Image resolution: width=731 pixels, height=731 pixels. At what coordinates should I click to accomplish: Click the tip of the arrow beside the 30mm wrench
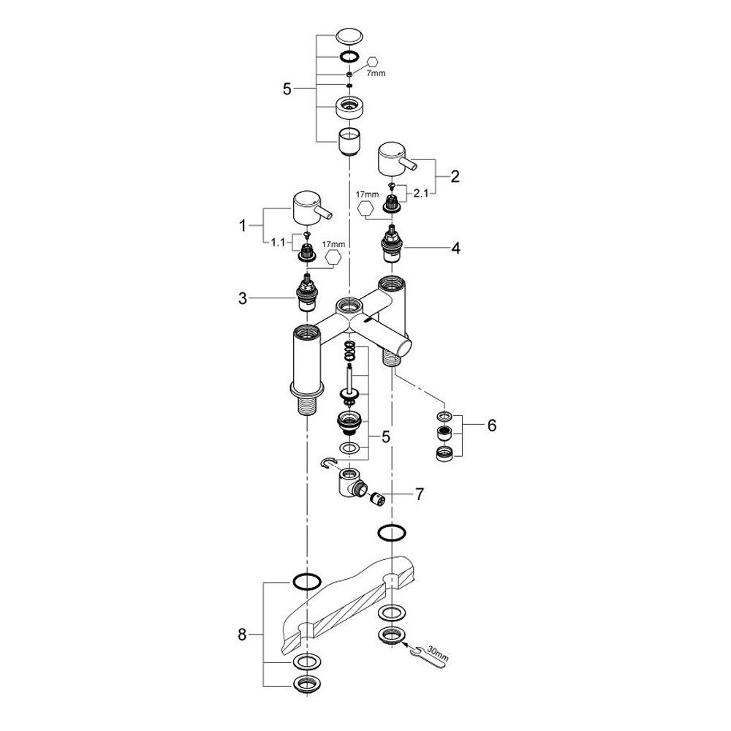(401, 643)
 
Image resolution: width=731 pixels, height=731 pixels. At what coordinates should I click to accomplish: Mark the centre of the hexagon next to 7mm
(373, 62)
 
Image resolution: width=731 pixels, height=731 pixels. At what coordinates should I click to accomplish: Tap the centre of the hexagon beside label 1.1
(333, 257)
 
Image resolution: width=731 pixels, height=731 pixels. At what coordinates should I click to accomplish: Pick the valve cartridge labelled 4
(393, 244)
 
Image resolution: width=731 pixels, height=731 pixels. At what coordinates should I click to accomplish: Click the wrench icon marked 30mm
(429, 655)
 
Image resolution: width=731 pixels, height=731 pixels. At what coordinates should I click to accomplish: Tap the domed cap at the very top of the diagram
(349, 37)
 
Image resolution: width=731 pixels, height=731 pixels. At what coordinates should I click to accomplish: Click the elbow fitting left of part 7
(350, 484)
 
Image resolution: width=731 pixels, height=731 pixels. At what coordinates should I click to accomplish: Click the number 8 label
(242, 635)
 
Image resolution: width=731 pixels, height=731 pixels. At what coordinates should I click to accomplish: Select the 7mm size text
(376, 73)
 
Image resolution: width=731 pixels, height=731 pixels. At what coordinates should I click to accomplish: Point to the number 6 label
(492, 425)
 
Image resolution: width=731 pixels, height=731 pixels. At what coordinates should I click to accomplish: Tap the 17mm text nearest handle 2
(368, 194)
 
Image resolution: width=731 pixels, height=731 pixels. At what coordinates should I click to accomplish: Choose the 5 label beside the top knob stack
(287, 88)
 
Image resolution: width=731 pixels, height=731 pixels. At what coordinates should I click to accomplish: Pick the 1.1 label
(278, 243)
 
